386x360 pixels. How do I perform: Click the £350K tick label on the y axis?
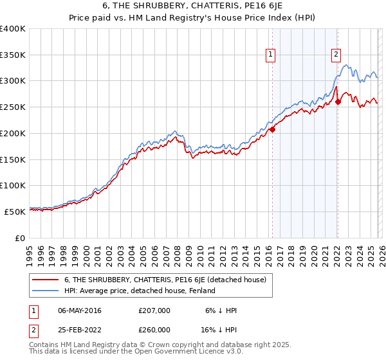coord(13,55)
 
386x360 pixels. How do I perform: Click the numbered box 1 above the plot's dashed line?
coord(271,56)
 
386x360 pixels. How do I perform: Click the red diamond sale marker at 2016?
coord(272,129)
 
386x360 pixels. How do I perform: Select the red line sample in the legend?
coord(46,280)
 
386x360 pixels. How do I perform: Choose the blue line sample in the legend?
coord(46,291)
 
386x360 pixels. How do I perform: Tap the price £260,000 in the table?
coord(154,329)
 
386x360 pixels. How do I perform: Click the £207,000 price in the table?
coord(154,310)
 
